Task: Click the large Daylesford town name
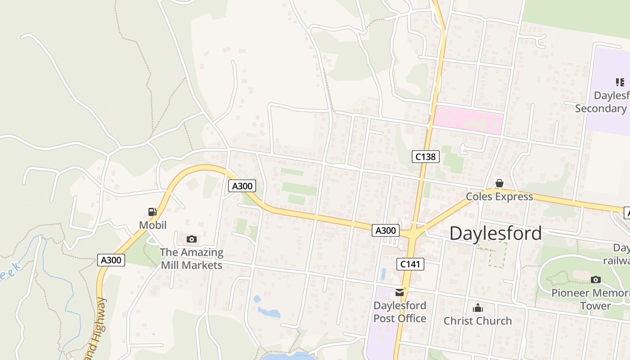coord(495,233)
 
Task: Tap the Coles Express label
coord(499,197)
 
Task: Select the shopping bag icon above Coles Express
coord(499,183)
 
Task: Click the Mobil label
coord(153,225)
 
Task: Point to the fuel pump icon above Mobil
coord(153,211)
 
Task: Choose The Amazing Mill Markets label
coord(192,259)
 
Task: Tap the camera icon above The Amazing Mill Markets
coord(192,239)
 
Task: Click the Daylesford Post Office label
coord(400,312)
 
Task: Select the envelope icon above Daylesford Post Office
coord(400,292)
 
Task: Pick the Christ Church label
coord(477,321)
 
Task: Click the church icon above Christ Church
coord(477,308)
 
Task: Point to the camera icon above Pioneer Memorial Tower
coord(596,279)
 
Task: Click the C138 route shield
coord(425,157)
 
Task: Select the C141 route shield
coord(410,264)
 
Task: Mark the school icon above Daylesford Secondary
coord(620,82)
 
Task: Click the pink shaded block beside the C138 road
coord(468,120)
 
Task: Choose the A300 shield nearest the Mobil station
coord(111,260)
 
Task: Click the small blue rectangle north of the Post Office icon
coord(383,274)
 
